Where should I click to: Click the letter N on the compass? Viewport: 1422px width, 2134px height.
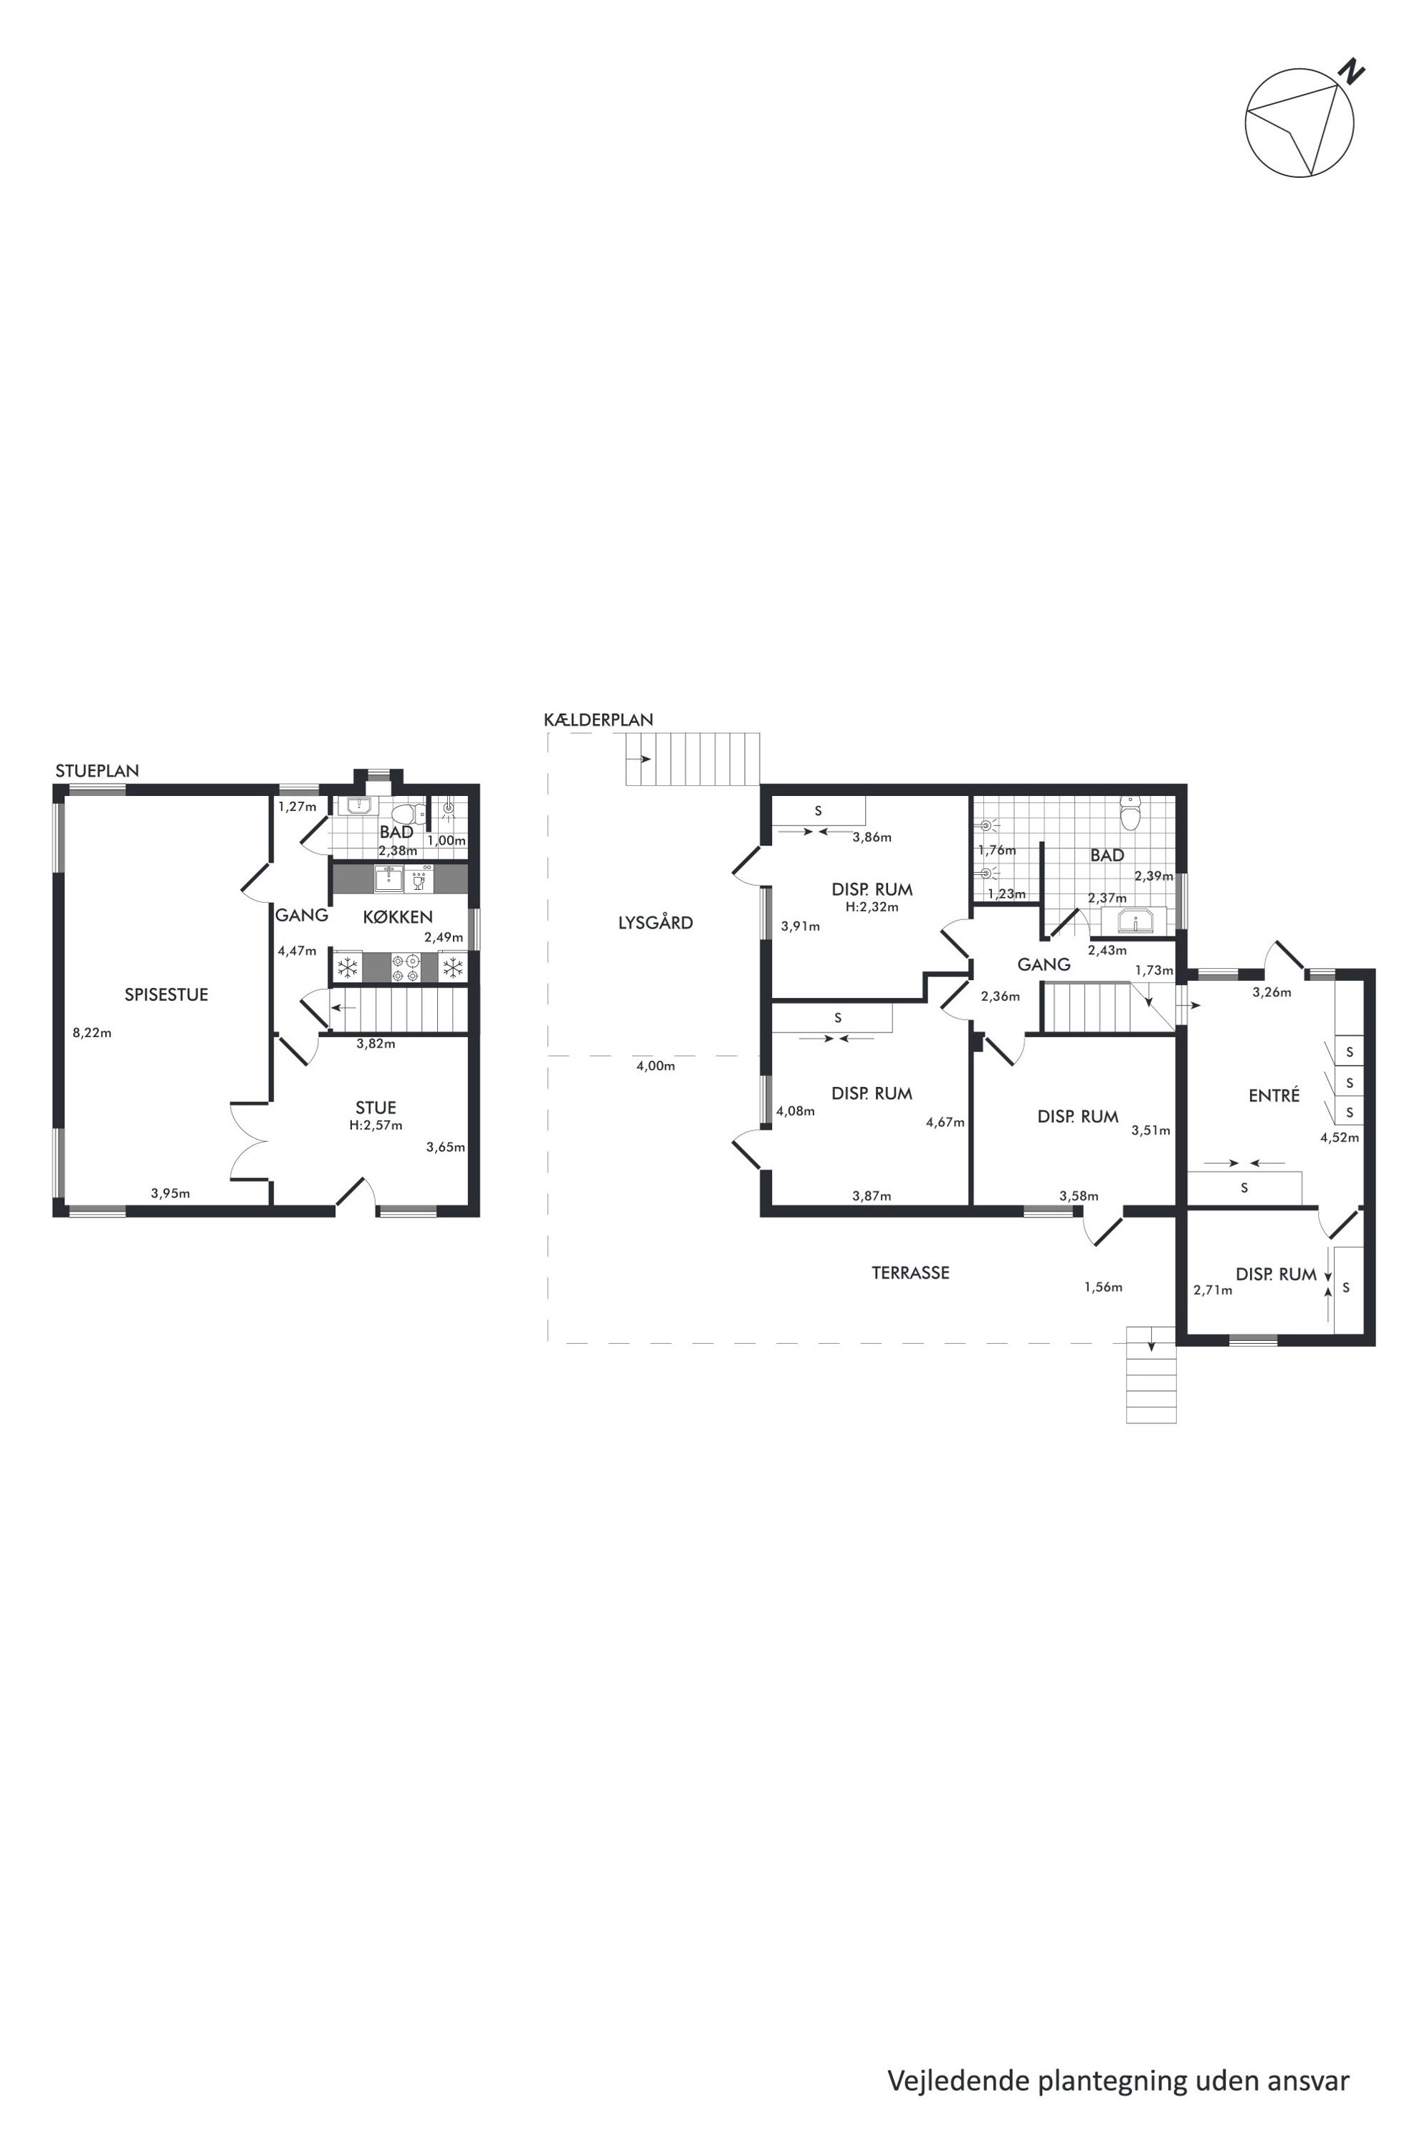(x=1354, y=71)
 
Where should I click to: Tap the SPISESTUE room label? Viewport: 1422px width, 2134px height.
(x=166, y=995)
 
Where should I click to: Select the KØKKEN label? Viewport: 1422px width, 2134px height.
(x=397, y=917)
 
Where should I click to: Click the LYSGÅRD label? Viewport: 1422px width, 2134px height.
(x=656, y=922)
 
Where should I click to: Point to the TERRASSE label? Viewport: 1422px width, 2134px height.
(x=910, y=1273)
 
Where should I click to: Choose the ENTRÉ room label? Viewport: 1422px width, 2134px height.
(x=1274, y=1095)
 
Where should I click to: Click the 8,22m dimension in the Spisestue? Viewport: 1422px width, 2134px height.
(x=92, y=1033)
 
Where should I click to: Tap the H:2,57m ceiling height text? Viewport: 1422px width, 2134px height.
(x=376, y=1126)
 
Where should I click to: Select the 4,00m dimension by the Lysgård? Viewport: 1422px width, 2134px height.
(x=656, y=1066)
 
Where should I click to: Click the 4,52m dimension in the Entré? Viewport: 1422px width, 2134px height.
(x=1340, y=1138)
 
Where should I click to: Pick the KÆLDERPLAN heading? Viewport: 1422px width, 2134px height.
(x=598, y=719)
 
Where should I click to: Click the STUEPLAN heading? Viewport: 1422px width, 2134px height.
(x=97, y=772)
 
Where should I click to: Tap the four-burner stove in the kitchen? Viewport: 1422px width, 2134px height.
(x=406, y=968)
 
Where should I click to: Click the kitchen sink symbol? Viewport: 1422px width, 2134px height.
(x=389, y=879)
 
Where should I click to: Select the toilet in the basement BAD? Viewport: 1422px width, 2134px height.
(x=1130, y=814)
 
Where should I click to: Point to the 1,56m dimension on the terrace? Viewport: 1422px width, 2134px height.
(x=1103, y=1286)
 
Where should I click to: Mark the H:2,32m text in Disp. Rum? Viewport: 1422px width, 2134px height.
(x=872, y=906)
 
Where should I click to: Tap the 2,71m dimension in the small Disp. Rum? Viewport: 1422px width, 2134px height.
(x=1213, y=1290)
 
